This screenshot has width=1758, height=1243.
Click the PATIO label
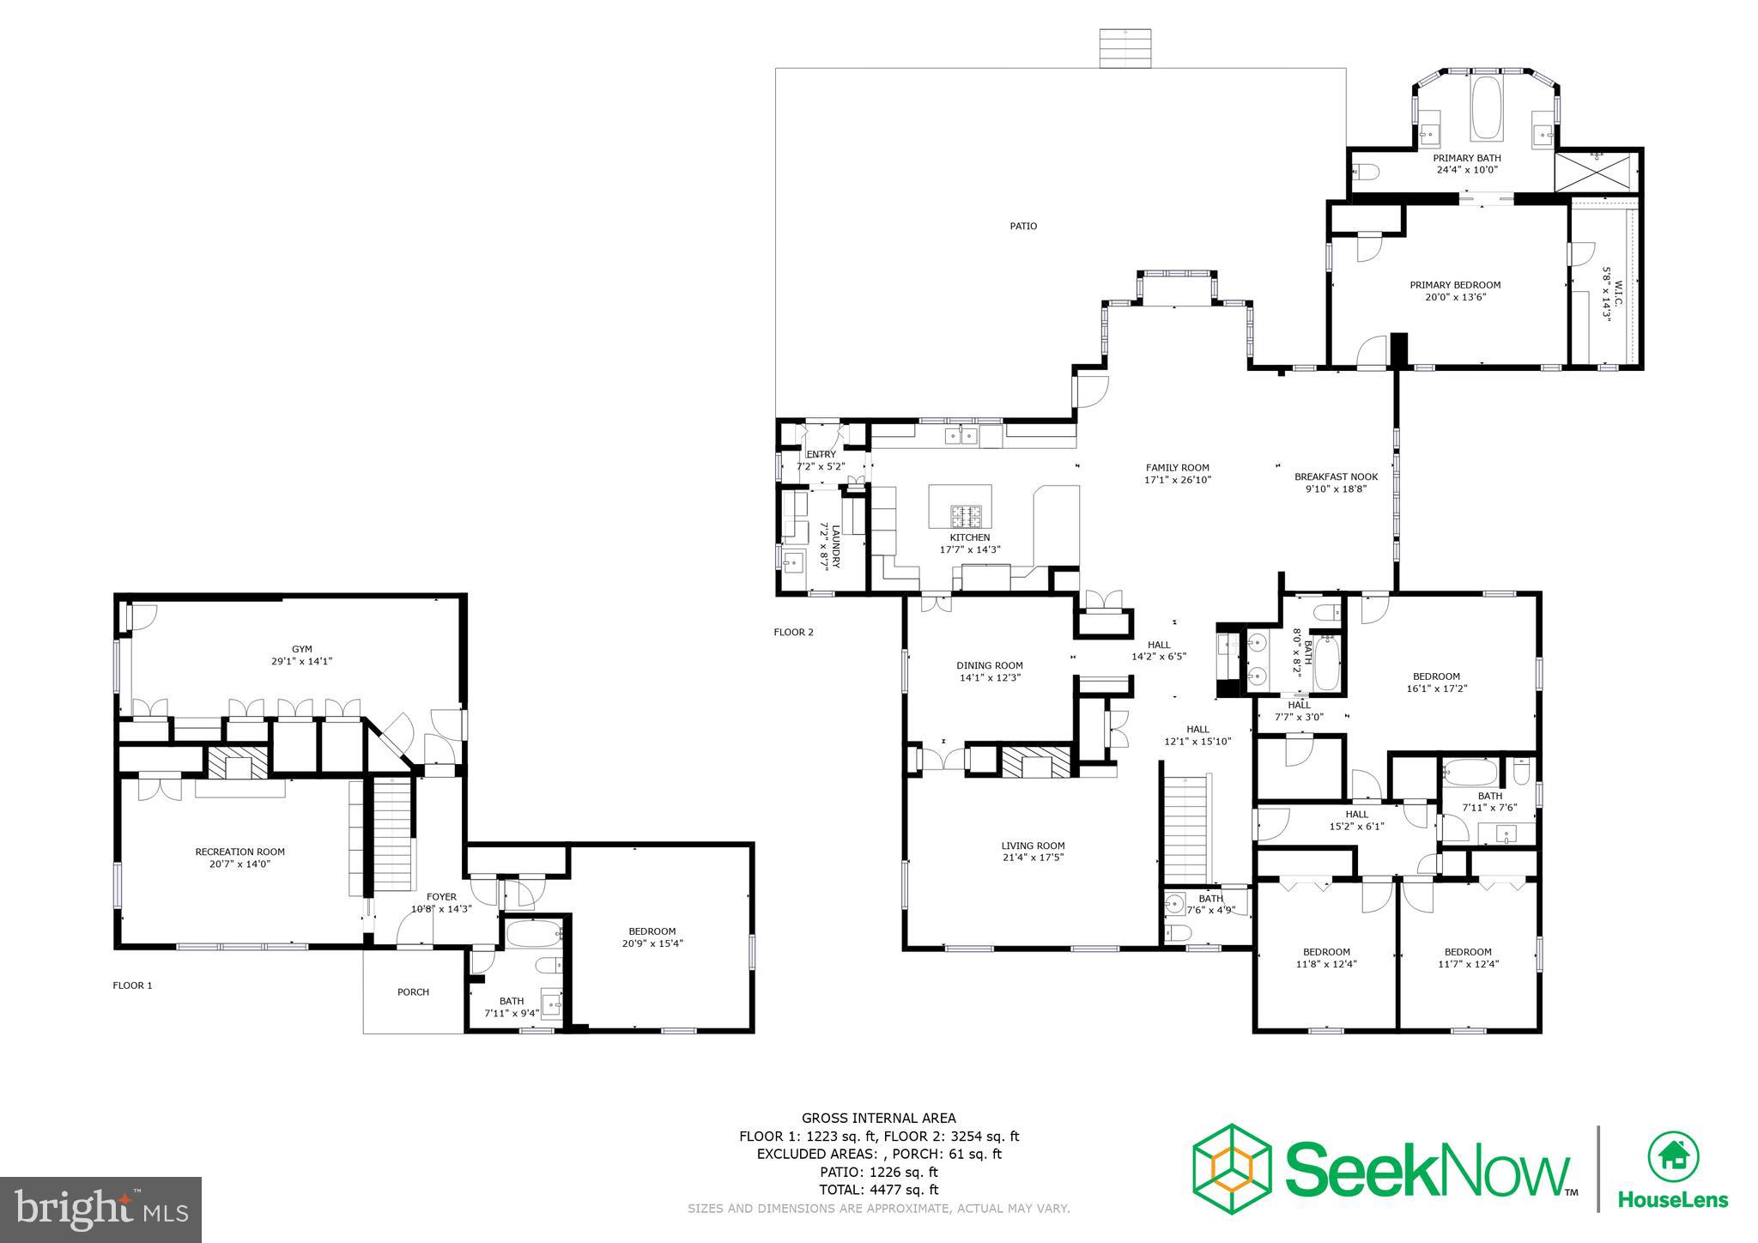(x=1022, y=227)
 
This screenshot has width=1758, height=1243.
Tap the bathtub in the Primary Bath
(x=1486, y=107)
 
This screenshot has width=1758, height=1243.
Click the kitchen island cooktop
(x=966, y=516)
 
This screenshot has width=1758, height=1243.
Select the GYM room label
(x=301, y=649)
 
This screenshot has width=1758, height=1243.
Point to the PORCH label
(x=413, y=992)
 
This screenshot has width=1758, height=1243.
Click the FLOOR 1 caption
(x=132, y=985)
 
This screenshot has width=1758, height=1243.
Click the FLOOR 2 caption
(x=793, y=633)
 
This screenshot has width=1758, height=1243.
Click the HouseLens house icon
(x=1673, y=1157)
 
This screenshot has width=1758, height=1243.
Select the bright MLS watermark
(x=101, y=1210)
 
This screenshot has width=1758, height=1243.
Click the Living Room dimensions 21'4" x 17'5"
(x=1033, y=858)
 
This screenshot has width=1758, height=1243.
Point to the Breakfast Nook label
(x=1336, y=476)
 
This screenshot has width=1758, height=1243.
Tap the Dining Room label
(x=990, y=665)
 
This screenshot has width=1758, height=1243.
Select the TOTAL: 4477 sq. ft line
(x=878, y=1190)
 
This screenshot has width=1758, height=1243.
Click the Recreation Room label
(x=239, y=852)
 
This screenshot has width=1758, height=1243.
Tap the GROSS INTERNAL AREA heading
(x=878, y=1118)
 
